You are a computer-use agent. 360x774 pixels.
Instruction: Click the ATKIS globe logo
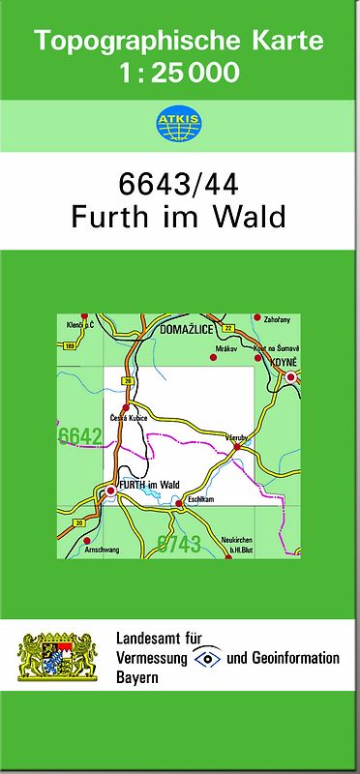pos(179,122)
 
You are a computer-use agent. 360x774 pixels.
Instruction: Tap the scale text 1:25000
pos(180,73)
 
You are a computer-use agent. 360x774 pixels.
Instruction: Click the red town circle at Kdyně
pos(290,377)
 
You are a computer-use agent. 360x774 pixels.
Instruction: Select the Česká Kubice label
pos(130,418)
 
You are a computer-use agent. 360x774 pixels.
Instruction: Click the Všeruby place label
pos(237,438)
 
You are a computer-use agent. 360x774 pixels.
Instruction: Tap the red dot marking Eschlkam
pos(179,503)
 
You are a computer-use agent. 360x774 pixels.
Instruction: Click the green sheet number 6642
pos(80,437)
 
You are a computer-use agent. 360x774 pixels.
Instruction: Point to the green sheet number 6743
pos(178,543)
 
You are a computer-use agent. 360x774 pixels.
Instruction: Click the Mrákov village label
pos(226,344)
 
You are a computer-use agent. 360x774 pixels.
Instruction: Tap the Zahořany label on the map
pos(277,318)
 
